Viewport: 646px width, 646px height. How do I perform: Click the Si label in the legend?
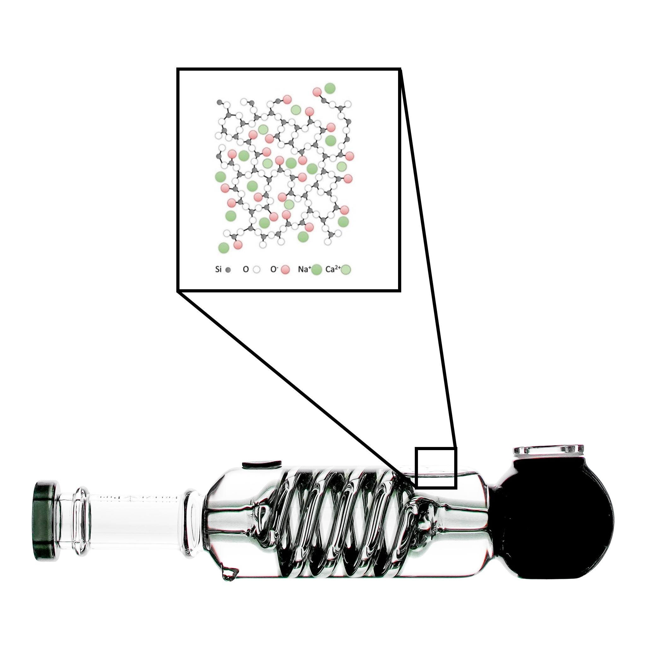point(218,269)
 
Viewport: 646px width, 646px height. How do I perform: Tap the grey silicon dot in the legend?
point(228,270)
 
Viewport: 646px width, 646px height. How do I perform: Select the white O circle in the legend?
point(257,269)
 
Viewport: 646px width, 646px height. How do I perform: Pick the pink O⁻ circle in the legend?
point(285,269)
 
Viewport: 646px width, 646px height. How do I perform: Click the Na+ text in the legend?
point(304,269)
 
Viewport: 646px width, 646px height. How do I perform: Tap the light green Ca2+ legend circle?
point(346,269)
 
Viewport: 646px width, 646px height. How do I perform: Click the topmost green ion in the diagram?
point(330,88)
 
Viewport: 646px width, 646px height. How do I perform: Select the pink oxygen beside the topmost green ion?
point(317,91)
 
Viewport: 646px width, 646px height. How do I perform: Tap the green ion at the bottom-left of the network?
point(224,247)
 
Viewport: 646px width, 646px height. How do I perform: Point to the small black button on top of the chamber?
point(261,464)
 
